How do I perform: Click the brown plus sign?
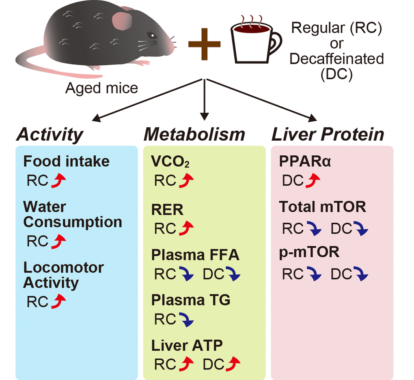point(205,43)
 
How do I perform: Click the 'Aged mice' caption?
point(101,88)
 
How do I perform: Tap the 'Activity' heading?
point(50,135)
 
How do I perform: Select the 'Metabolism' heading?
point(194,135)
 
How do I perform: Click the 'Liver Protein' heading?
point(328,135)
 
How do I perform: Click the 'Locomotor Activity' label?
point(63,275)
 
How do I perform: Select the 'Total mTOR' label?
point(322,207)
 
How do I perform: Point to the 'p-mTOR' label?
point(309,252)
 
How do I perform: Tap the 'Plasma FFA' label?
point(195,255)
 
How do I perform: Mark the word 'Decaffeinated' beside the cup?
point(337,59)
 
